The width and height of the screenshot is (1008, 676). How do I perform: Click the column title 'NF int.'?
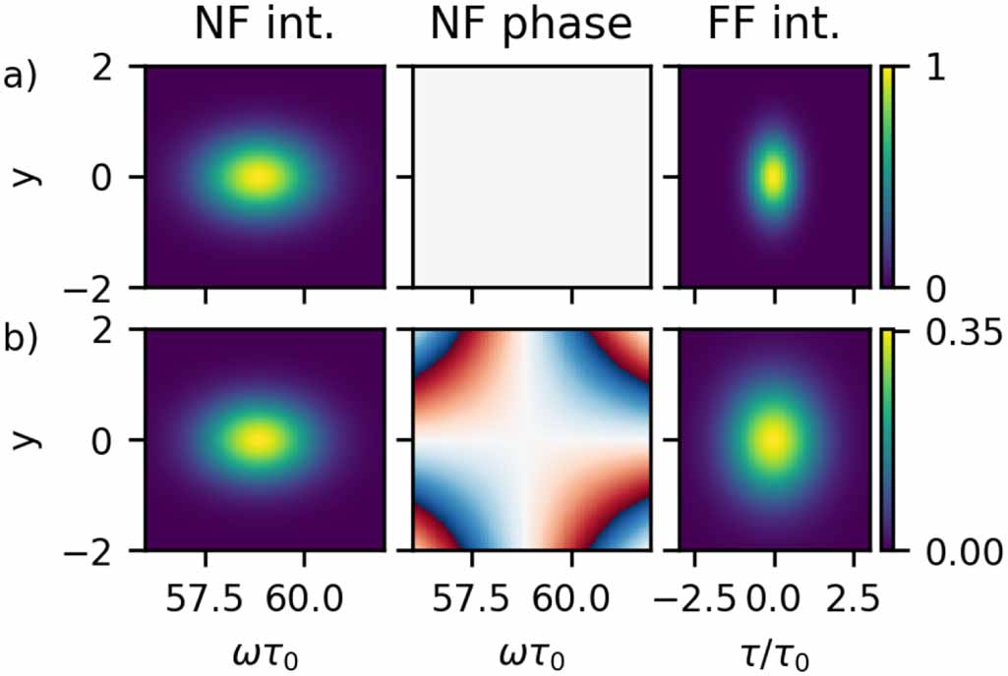point(264,27)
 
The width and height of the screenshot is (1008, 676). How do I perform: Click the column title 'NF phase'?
point(532,27)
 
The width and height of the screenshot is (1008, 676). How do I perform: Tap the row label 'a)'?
point(20,78)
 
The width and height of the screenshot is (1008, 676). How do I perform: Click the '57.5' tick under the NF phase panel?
point(472,594)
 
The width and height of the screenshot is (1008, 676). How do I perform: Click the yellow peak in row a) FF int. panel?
point(773,177)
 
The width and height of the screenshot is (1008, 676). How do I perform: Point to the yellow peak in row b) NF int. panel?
point(258,439)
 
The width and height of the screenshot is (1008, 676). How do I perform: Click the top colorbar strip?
point(888,177)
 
